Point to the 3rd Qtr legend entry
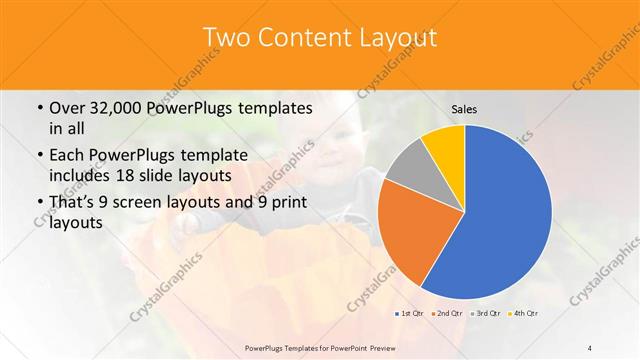(x=487, y=314)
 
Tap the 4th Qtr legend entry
(x=526, y=314)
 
